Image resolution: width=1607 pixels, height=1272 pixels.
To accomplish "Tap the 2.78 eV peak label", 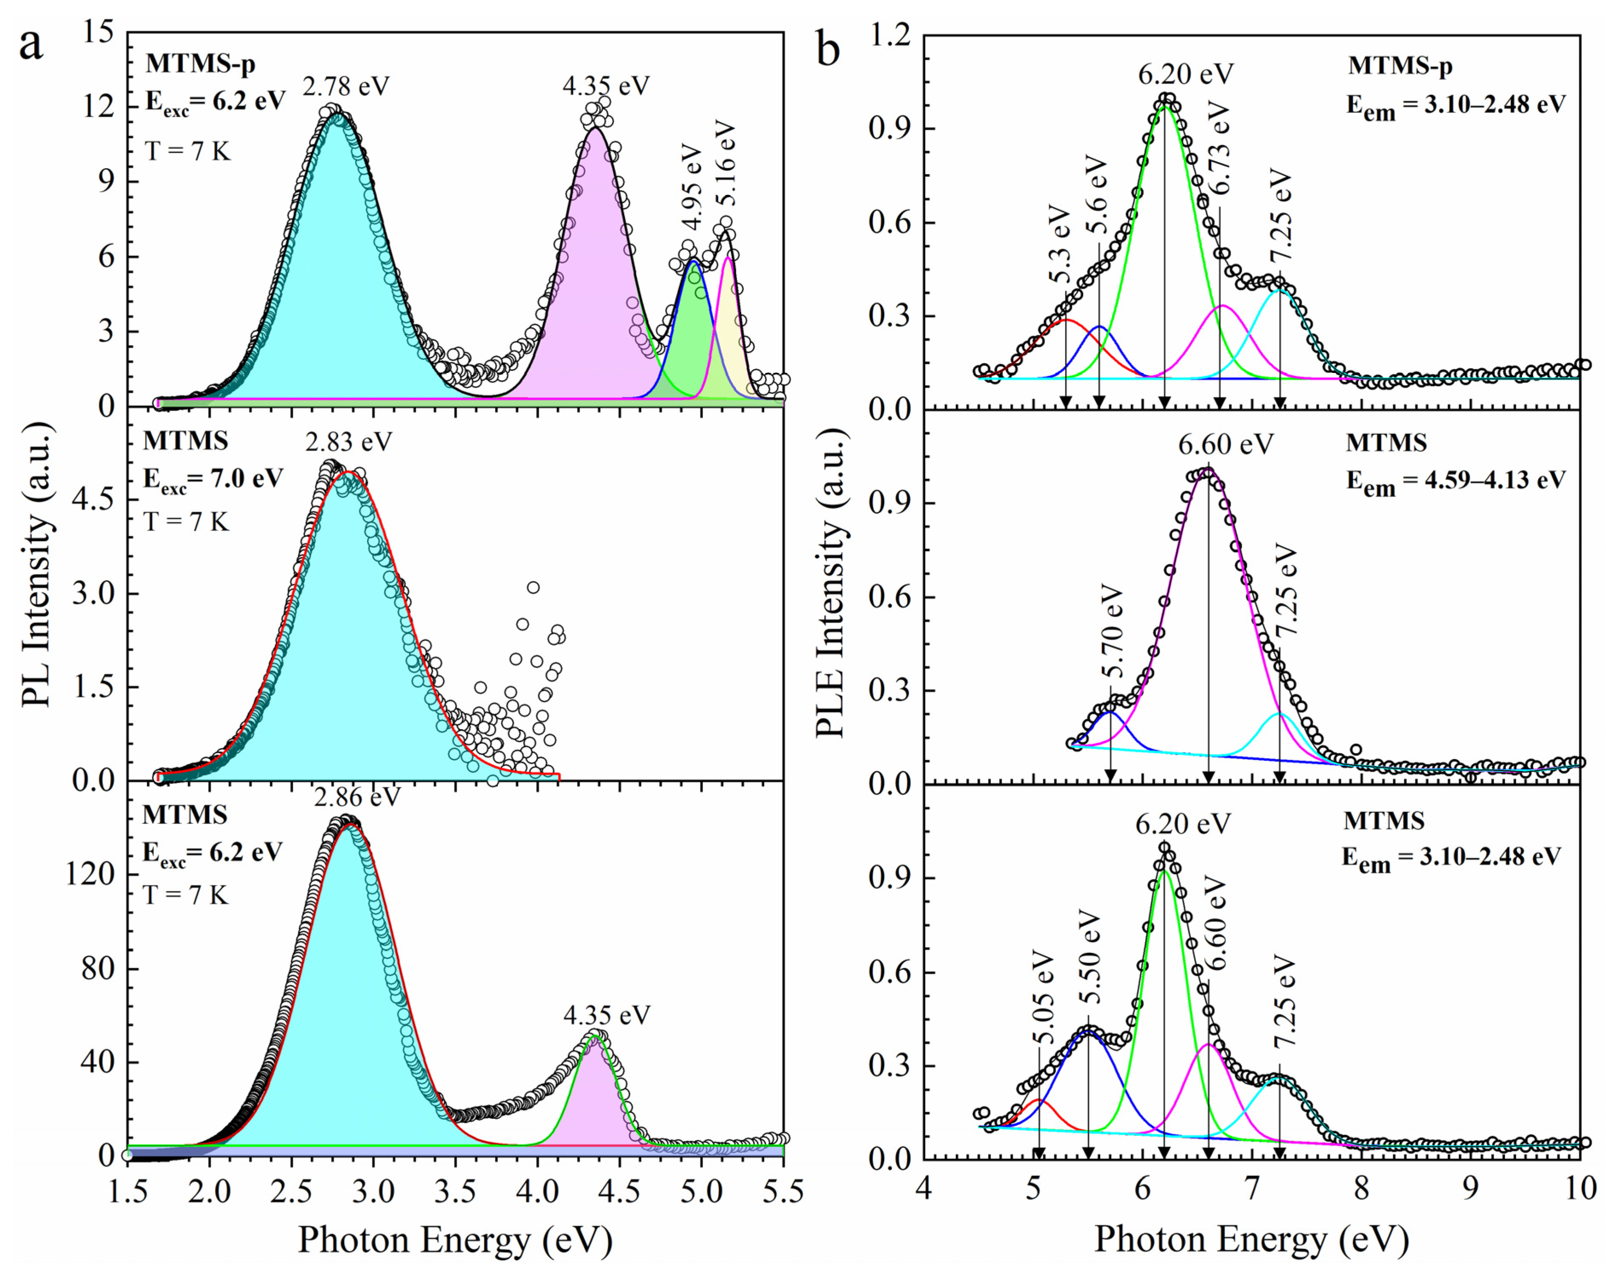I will click(x=346, y=86).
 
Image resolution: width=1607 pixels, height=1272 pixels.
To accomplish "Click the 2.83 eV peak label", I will click(x=348, y=442).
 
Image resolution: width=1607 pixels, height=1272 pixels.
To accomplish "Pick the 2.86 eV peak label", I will click(x=357, y=797).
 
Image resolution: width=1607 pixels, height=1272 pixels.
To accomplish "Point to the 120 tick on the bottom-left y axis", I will click(x=90, y=874).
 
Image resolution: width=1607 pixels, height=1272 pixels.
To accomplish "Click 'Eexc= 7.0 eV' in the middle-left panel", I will click(x=213, y=479).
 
